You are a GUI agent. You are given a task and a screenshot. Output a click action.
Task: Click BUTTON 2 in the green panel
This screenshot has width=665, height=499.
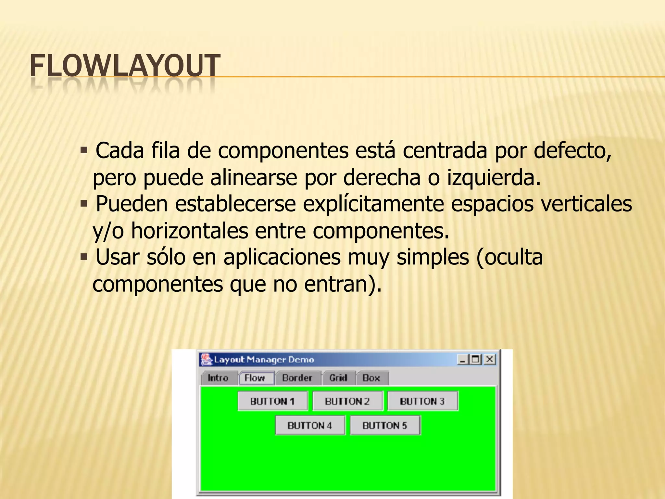[x=347, y=401]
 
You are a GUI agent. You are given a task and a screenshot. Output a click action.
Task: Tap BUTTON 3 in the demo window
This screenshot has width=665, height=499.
[x=422, y=401]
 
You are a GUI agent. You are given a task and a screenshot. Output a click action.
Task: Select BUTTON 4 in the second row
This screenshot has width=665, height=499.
[x=310, y=425]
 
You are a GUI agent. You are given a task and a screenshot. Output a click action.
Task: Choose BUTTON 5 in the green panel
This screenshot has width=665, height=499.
[x=385, y=425]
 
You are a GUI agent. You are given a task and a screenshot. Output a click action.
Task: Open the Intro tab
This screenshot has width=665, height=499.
[x=218, y=378]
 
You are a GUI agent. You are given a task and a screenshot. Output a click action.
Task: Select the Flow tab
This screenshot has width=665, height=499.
[x=255, y=378]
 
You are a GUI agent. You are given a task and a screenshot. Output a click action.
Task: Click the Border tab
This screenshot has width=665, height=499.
[x=297, y=378]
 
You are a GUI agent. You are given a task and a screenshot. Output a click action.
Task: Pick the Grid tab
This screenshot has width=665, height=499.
[x=338, y=378]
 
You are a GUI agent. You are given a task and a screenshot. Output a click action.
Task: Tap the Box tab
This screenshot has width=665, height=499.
[x=371, y=378]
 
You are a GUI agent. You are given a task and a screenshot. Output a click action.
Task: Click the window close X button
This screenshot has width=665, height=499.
[x=490, y=359]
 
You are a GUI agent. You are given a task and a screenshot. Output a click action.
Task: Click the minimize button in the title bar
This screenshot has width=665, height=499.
[x=462, y=359]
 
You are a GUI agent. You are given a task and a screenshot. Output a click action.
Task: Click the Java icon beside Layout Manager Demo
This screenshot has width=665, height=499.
[x=206, y=359]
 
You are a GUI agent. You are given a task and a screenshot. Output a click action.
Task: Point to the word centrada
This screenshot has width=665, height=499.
[x=445, y=151]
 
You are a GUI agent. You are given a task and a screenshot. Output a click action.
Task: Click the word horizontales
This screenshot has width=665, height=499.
[x=190, y=231]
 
